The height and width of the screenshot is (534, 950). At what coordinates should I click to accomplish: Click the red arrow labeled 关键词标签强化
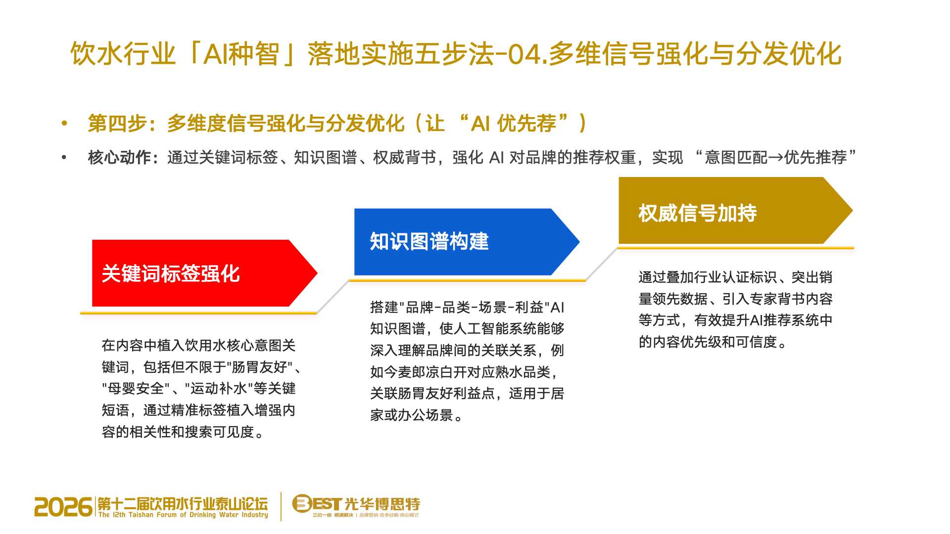pos(204,273)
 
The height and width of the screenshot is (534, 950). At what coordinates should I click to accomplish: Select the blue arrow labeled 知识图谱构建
pos(466,242)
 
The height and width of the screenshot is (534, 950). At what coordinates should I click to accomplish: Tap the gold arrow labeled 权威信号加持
pos(735,211)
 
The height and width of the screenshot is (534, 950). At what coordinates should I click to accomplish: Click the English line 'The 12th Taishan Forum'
pos(183,515)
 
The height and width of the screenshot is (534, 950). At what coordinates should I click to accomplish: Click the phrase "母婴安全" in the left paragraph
pos(136,388)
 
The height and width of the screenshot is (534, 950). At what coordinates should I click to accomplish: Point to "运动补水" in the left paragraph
pos(219,388)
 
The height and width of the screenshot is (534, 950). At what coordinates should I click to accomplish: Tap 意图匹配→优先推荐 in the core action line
pos(776,157)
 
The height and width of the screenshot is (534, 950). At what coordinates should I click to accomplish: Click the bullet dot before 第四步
pos(64,123)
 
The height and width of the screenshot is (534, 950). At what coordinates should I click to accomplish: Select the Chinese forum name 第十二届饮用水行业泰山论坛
pos(183,503)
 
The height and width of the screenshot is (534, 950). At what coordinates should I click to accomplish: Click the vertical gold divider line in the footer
pos(281,506)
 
